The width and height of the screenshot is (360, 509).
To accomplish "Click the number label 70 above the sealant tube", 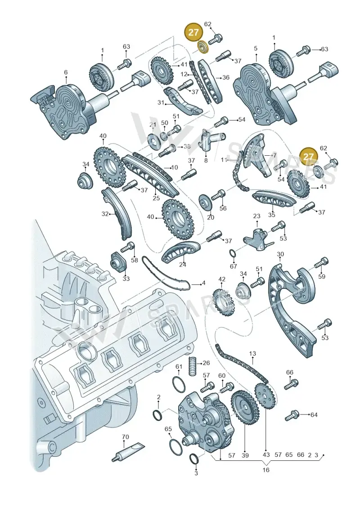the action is (125, 437).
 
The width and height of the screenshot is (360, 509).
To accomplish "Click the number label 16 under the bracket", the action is (266, 470).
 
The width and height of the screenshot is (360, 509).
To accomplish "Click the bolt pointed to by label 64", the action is (292, 415).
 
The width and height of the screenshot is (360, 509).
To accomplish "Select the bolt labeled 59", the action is (321, 263).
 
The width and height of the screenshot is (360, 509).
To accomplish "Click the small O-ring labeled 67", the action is (233, 253).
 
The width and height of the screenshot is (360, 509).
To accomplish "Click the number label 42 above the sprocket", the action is (222, 279).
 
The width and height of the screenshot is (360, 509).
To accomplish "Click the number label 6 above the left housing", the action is (66, 72).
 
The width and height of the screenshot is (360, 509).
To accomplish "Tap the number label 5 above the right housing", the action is (256, 48).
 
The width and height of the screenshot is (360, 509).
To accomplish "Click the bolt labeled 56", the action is (218, 195).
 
